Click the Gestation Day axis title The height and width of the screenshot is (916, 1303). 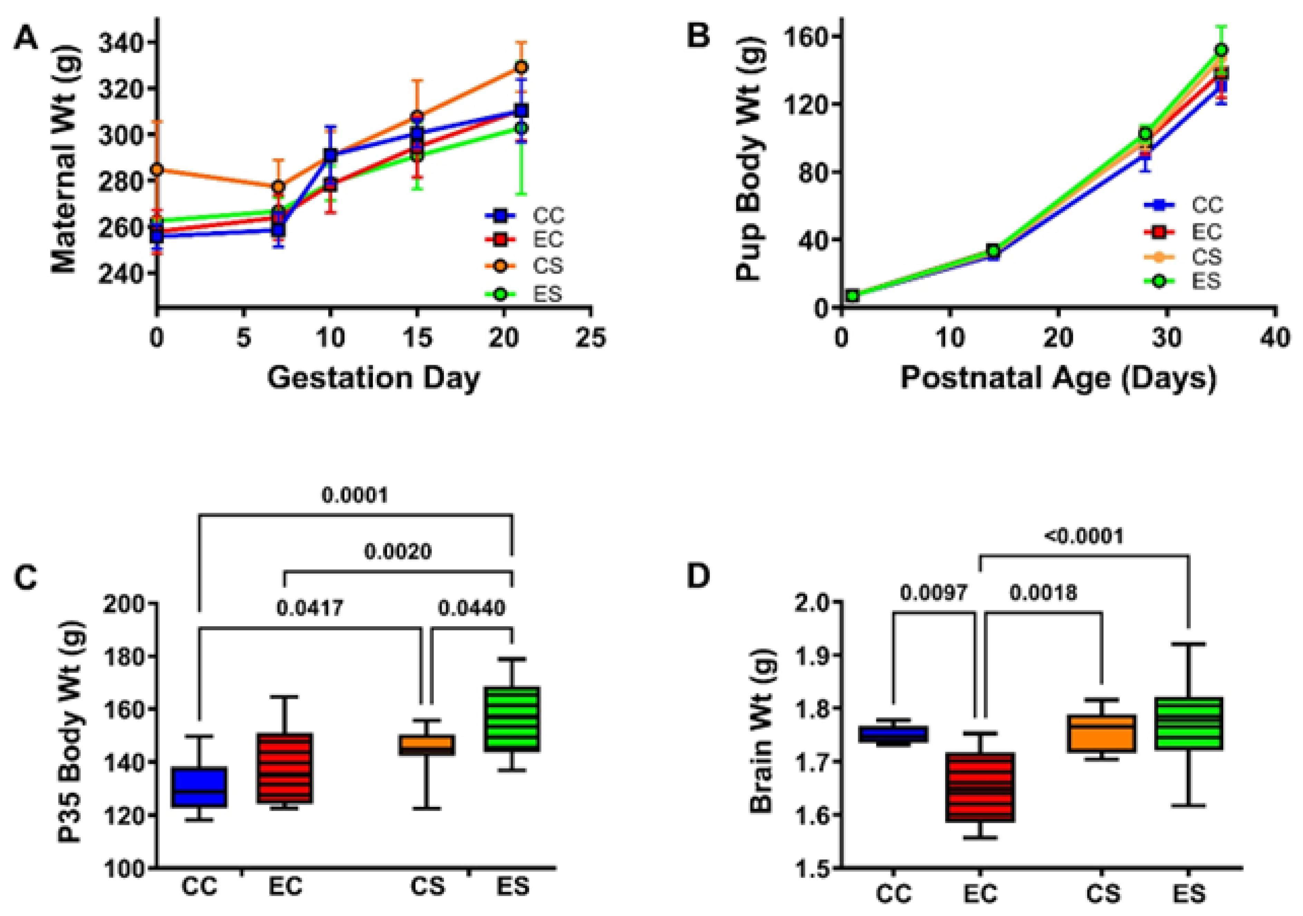point(373,378)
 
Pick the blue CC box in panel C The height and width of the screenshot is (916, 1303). point(200,787)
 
